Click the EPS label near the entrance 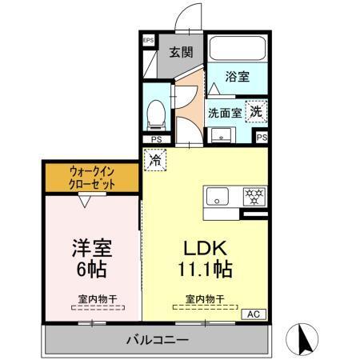pos(148,41)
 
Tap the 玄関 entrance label pos(181,53)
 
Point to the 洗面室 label pos(225,113)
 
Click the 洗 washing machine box pos(255,111)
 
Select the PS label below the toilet pos(157,138)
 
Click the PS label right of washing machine pos(262,138)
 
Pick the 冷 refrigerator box pos(154,160)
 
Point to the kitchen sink pos(218,195)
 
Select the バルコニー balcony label pos(157,340)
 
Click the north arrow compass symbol pos(305,339)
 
